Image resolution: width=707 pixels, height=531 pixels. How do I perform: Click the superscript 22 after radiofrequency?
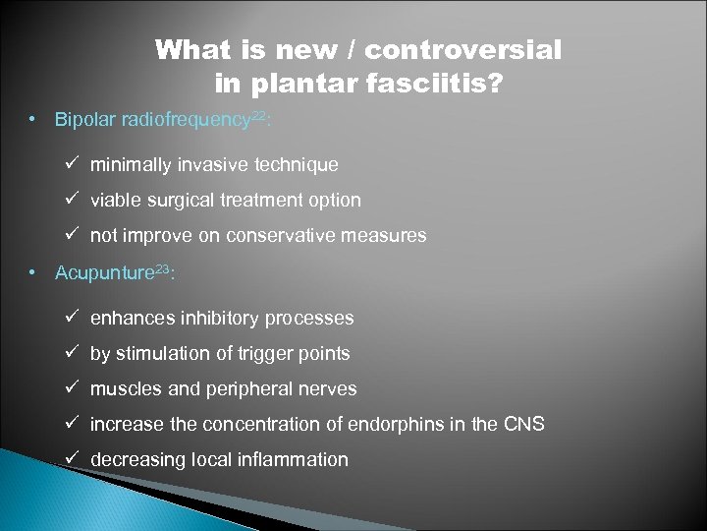click(258, 116)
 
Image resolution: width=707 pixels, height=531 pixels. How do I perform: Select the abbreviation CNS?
click(524, 424)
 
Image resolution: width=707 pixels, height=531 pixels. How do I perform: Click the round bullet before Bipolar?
click(33, 120)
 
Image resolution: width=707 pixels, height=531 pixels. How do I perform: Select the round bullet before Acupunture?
click(33, 272)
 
